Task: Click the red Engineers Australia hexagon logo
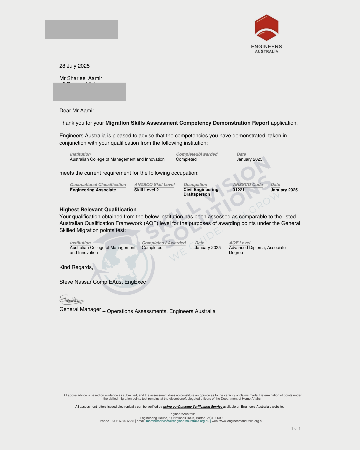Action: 266,28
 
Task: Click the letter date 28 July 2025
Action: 74,66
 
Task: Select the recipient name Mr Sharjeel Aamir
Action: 81,78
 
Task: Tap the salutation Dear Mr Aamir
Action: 77,111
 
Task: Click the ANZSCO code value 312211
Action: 240,190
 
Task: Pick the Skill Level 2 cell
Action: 146,190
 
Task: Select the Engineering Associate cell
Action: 93,190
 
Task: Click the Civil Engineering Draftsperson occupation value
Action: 201,192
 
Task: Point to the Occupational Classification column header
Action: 98,185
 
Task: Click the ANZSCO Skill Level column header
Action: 154,185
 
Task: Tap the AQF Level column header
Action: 240,243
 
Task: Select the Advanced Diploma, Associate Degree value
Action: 257,250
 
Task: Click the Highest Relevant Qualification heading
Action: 98,210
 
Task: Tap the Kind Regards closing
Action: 76,267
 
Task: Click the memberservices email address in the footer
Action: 178,421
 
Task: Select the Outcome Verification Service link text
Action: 193,407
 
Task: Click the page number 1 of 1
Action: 296,429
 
